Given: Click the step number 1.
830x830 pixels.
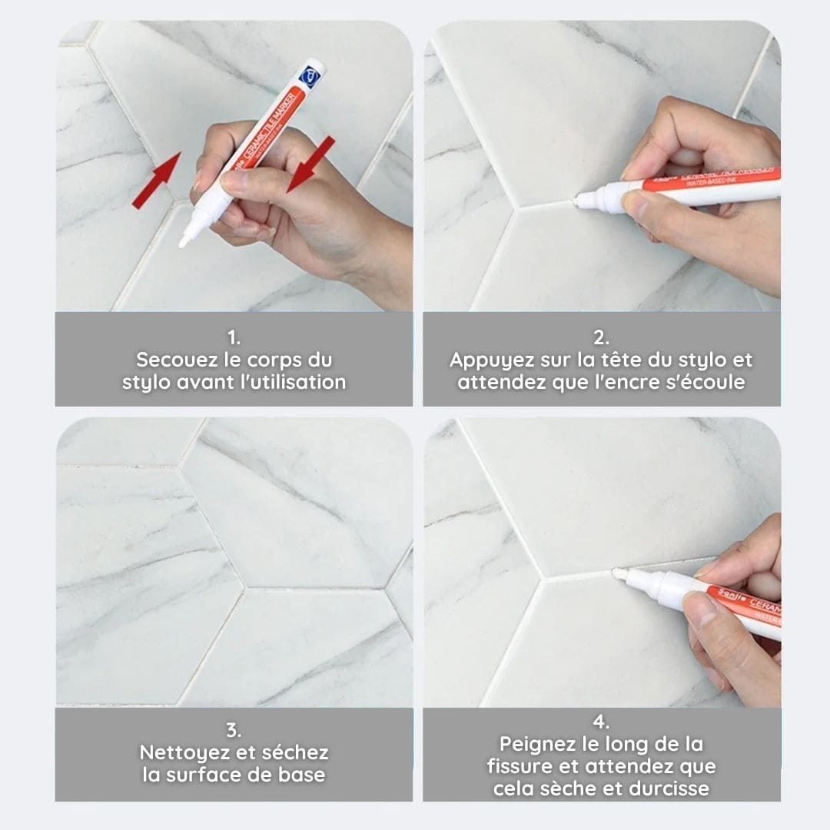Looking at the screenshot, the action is [234, 337].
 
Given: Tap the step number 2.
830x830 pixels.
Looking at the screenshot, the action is [601, 337].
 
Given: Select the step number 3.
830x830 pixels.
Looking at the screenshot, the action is [234, 730].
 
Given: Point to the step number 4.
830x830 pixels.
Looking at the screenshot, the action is [601, 721].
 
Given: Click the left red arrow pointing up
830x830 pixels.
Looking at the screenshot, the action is [157, 180].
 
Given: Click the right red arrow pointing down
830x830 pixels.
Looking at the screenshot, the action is [311, 164].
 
